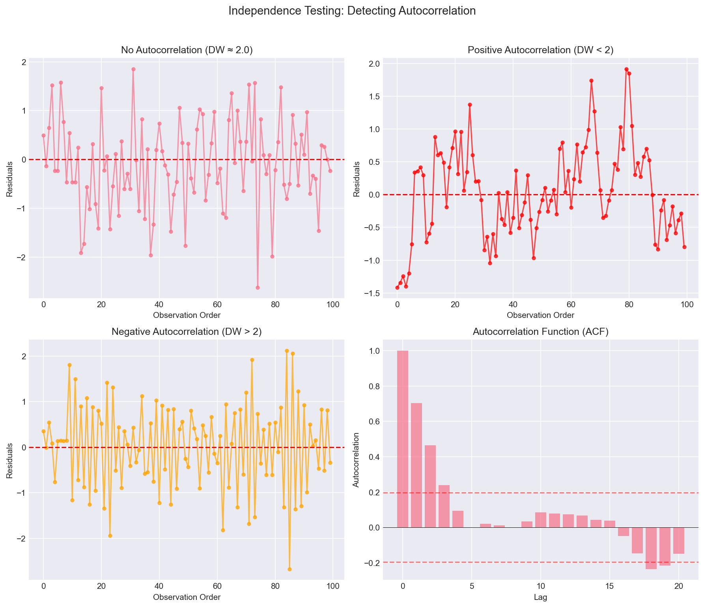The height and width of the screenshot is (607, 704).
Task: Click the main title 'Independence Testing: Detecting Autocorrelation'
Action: pos(352,11)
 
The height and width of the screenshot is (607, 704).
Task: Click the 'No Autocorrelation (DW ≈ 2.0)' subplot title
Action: pos(187,50)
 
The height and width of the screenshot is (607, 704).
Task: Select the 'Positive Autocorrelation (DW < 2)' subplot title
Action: pos(540,50)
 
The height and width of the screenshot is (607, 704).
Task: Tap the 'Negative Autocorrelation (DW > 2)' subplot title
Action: pos(187,332)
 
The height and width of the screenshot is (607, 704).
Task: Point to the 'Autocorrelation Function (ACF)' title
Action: pos(540,332)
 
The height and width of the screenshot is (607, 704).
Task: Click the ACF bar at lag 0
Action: pos(403,439)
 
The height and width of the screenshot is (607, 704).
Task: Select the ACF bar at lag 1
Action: pos(416,465)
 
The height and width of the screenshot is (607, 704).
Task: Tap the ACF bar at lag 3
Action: pos(444,506)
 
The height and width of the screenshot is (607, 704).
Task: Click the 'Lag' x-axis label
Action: pos(540,597)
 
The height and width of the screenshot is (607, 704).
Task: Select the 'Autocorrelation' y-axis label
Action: pos(356,460)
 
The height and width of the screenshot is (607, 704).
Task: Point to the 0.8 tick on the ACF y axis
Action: pos(374,386)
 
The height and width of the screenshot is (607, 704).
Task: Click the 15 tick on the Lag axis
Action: pos(610,586)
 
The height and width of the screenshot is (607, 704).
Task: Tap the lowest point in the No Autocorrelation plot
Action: pos(258,288)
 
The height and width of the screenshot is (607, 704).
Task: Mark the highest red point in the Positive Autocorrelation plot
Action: pos(626,69)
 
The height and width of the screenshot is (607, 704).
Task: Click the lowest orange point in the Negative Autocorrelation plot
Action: pos(289,569)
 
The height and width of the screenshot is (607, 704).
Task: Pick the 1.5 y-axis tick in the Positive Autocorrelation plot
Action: pos(374,97)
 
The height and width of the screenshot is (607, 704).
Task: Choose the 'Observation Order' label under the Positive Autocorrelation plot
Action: pos(540,315)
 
